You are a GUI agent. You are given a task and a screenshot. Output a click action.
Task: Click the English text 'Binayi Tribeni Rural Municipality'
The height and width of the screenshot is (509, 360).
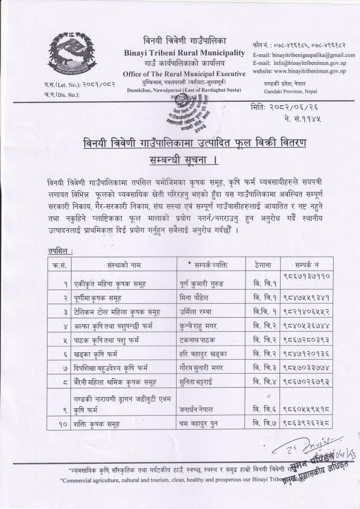point(184,53)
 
